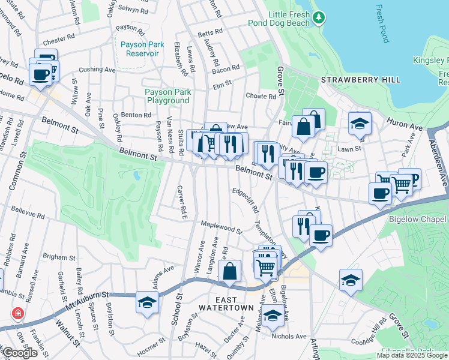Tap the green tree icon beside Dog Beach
pos(319,19)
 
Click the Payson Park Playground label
pos(167,96)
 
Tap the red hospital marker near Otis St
pos(19,314)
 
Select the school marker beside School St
pos(147,302)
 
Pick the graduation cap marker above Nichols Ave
pos(273,316)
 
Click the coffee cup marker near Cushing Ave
pos(41,74)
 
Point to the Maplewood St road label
pos(221,227)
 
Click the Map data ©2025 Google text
pos(412,355)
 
